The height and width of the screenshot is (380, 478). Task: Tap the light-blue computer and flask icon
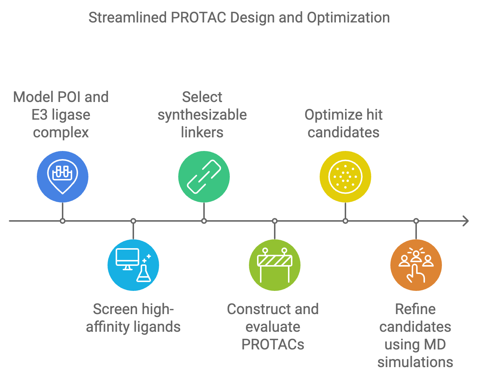coord(133,265)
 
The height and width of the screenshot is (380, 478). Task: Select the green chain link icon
coord(204,177)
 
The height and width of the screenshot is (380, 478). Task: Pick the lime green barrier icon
coord(275,265)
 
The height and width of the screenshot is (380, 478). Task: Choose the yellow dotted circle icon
coord(345,177)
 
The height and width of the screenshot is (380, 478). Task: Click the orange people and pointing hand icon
coord(416,265)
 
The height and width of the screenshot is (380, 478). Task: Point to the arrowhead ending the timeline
coord(466,221)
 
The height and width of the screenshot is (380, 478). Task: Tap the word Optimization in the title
coord(348,18)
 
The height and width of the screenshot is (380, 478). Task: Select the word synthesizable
coord(202,115)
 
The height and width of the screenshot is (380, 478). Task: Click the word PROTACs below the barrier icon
coord(273,345)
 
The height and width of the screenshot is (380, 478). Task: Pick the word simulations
coord(415,362)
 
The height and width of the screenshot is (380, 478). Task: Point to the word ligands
coord(157,327)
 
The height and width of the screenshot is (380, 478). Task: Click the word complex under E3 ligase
coord(61,133)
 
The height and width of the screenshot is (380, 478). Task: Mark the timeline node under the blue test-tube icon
coord(63,221)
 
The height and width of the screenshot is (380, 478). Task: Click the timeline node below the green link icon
coord(204,221)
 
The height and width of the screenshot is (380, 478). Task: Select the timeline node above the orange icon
coord(416,221)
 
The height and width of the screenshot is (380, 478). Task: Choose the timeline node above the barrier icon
coord(275,221)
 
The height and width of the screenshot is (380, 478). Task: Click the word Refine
coord(415,309)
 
